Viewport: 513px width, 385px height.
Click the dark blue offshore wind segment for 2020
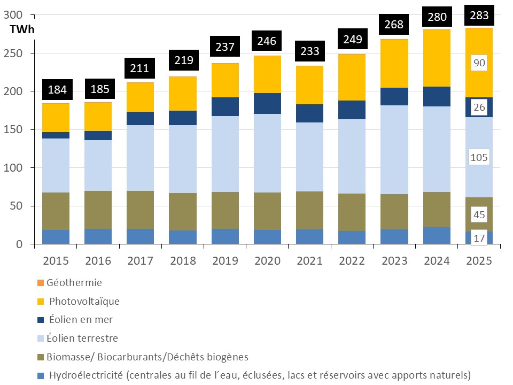point(267,103)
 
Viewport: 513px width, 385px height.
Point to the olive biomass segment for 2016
point(98,210)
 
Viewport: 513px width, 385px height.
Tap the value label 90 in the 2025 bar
point(479,63)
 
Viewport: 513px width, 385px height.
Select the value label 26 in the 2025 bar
point(479,107)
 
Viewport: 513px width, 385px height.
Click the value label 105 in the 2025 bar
point(479,157)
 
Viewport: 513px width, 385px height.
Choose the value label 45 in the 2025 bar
point(479,215)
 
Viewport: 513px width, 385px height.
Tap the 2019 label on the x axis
point(225,260)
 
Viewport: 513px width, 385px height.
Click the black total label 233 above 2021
point(310,51)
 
